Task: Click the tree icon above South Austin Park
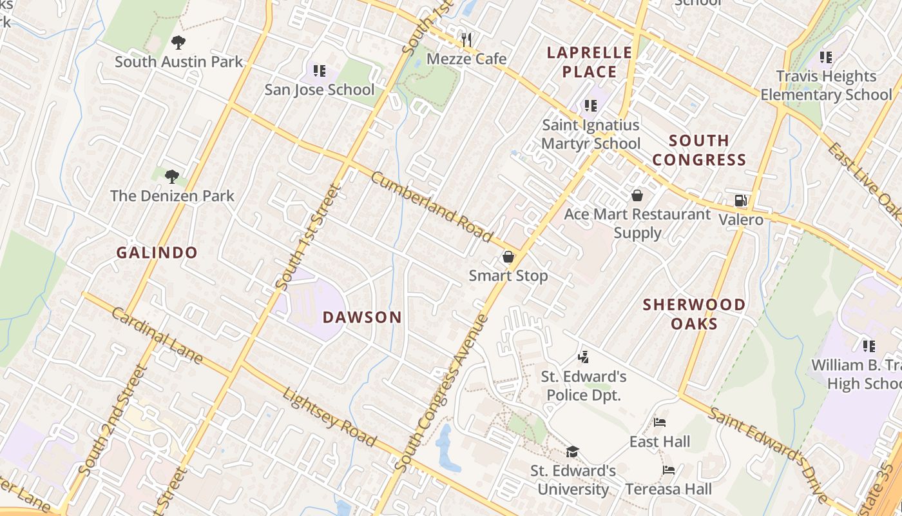(x=178, y=43)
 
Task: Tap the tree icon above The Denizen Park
(x=171, y=176)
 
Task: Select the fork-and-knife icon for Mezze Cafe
(x=467, y=40)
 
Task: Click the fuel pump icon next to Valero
(x=741, y=201)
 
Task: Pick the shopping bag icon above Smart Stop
(x=508, y=257)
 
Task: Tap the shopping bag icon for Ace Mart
(x=637, y=195)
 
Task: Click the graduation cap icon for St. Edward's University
(x=572, y=451)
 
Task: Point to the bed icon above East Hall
(x=660, y=423)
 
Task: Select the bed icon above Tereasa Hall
(x=669, y=470)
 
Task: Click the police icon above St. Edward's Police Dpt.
(x=584, y=357)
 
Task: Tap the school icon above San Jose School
(x=320, y=70)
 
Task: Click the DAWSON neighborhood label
(x=362, y=317)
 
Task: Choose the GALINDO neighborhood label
(x=157, y=253)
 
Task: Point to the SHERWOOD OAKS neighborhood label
(x=694, y=313)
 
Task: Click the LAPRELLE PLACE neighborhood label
(x=590, y=62)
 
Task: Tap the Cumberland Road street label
(x=432, y=207)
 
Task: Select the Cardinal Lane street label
(x=157, y=335)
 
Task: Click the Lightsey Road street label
(x=329, y=417)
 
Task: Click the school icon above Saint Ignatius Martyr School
(x=591, y=106)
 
